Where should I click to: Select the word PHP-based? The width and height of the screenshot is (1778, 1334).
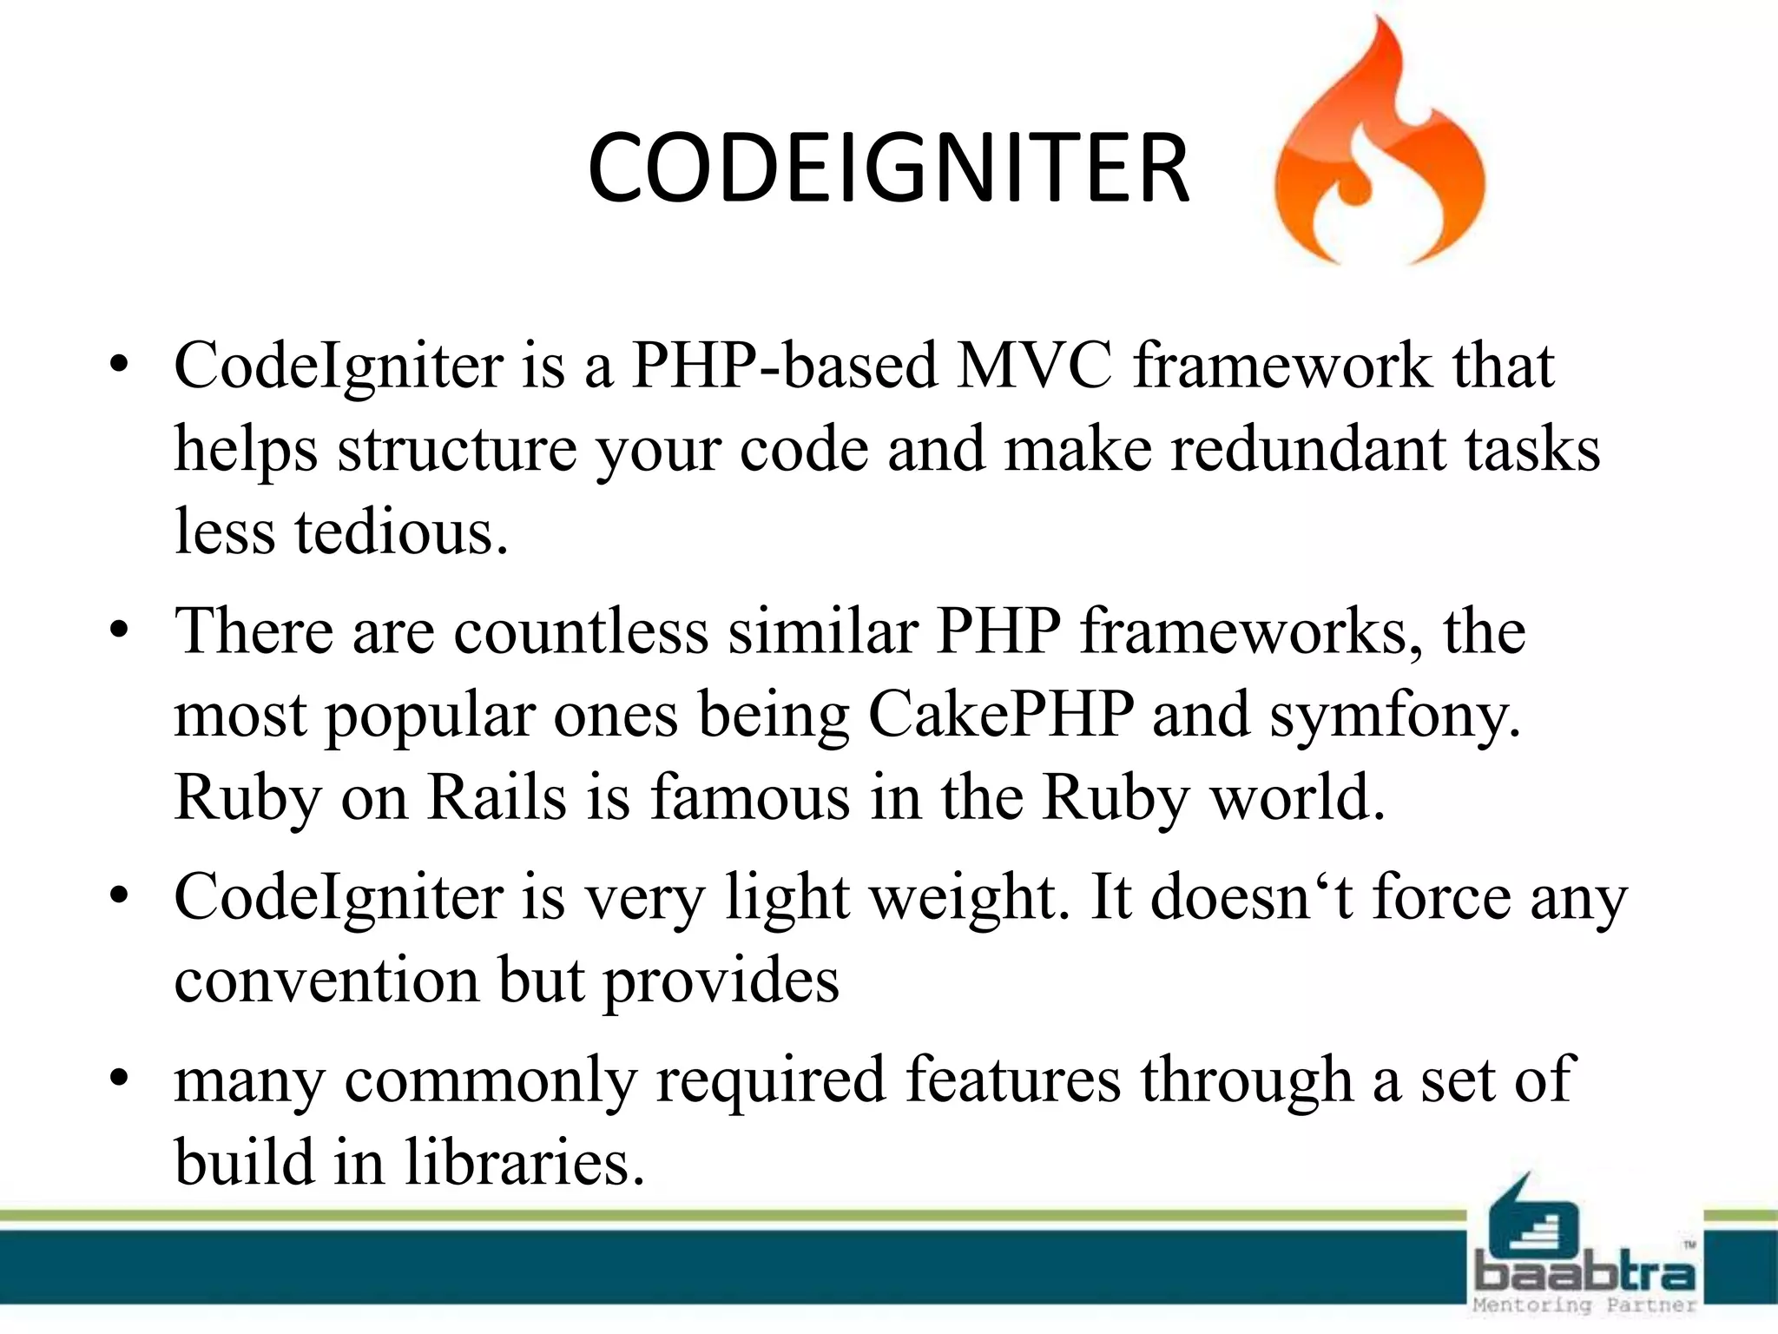(784, 365)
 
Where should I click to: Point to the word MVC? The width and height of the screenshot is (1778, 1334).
(1034, 365)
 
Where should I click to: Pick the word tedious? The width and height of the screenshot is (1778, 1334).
(400, 532)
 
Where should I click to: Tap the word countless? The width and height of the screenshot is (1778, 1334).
(581, 631)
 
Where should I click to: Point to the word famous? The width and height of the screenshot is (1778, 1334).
(751, 797)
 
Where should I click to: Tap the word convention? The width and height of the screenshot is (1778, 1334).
(326, 981)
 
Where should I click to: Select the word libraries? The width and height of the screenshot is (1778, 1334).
(524, 1162)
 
